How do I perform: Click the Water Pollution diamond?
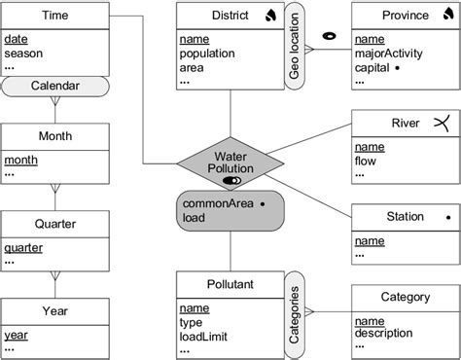tap(230, 162)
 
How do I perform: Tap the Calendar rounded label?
tap(54, 87)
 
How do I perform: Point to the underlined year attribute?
tap(18, 335)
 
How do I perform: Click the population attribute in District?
tap(210, 54)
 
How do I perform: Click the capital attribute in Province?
tap(374, 68)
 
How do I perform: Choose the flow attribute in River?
tap(367, 162)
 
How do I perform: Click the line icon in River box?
tap(442, 123)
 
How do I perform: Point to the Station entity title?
tap(376, 216)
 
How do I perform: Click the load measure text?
tap(195, 218)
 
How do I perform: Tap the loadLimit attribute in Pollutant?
tap(207, 336)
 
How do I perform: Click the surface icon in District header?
tap(268, 17)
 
